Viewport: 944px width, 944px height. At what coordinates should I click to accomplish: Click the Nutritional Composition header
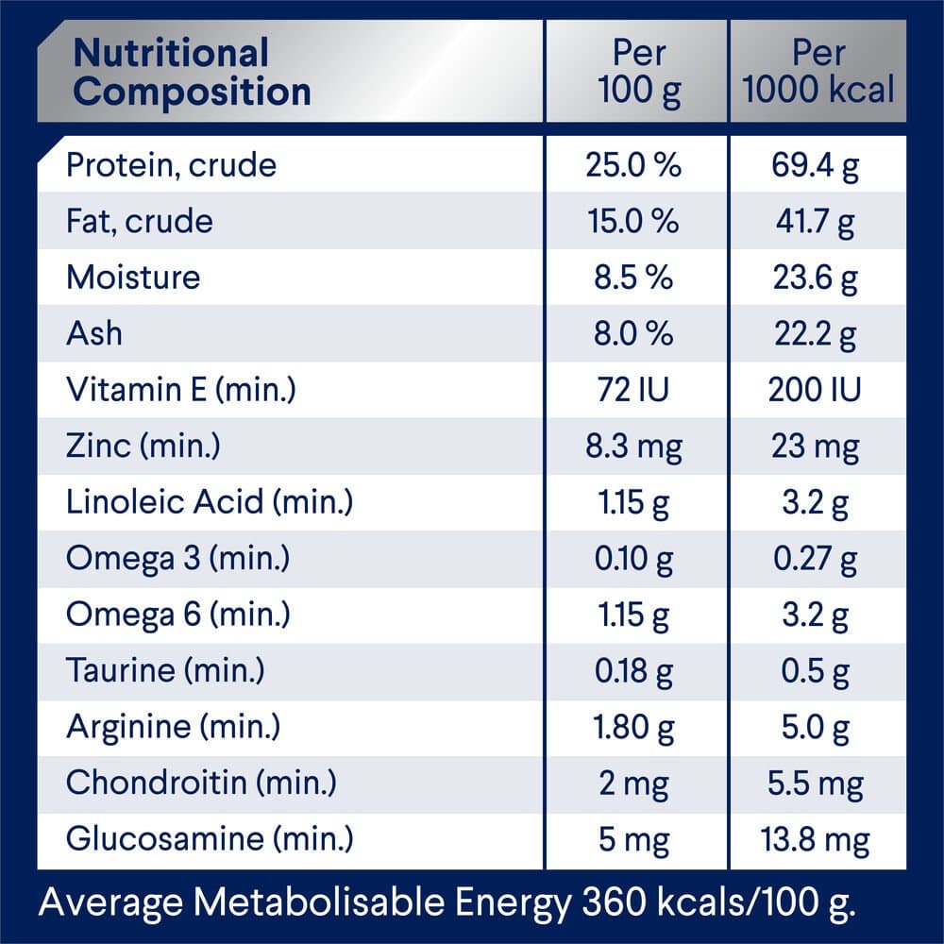192,73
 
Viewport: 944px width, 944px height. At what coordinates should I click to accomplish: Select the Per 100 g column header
638,73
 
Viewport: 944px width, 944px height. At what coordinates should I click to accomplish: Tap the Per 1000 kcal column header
818,73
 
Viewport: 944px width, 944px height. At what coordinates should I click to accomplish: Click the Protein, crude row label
171,165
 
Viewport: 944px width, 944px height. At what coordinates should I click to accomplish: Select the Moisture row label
133,278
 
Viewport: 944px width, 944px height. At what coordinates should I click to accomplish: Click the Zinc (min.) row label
143,447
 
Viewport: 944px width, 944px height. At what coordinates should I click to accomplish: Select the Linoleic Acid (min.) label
209,502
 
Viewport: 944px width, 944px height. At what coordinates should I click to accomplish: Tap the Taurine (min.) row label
165,671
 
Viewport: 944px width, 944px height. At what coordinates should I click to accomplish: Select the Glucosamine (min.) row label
210,839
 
